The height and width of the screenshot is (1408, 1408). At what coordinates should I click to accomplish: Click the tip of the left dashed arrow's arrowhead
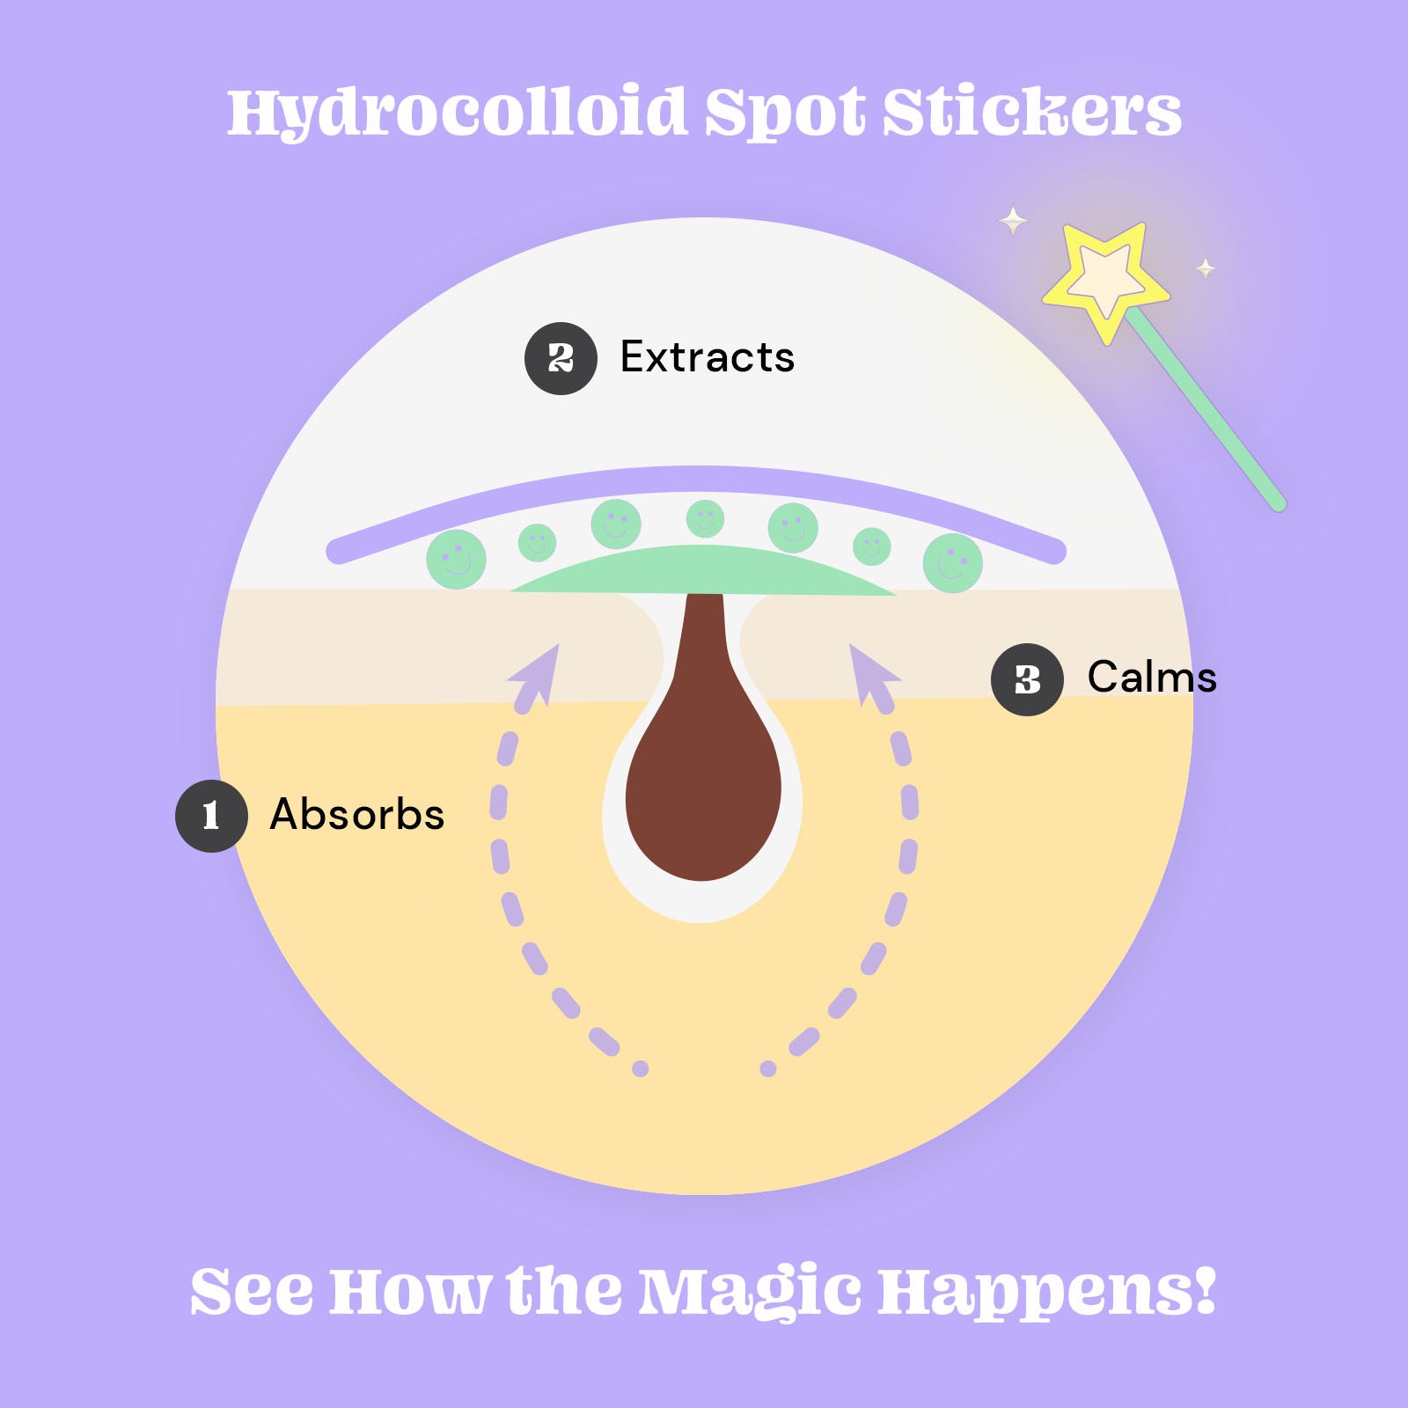pos(559,644)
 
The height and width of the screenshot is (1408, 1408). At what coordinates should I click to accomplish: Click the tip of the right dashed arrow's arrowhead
pos(850,644)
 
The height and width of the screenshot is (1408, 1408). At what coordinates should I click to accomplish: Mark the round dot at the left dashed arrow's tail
pos(641,1068)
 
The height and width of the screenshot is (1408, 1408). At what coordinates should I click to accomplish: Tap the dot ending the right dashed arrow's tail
pos(768,1068)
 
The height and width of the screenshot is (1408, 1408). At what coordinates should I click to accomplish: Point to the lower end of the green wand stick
pos(1280,505)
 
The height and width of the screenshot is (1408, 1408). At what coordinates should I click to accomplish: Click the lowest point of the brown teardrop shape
pos(702,881)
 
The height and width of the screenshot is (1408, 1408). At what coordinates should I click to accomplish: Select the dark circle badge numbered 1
pos(211,816)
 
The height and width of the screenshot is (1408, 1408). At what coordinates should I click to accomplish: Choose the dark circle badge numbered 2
pos(561,358)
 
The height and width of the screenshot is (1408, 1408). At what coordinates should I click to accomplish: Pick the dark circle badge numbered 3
pos(1027,679)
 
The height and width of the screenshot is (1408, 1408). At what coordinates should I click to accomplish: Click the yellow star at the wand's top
pos(1105,278)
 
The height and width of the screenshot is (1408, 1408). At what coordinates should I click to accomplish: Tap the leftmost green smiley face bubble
pos(456,560)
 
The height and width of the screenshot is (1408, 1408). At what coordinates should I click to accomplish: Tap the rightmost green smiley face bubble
pos(953,563)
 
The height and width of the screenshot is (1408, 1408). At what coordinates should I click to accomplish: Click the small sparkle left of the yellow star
pos(1013,220)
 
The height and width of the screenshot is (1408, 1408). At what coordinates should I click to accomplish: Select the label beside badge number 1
pos(357,814)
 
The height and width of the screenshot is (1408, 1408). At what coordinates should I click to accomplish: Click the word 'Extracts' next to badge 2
pos(708,357)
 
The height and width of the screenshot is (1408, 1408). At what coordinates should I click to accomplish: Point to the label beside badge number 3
pos(1152,677)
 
